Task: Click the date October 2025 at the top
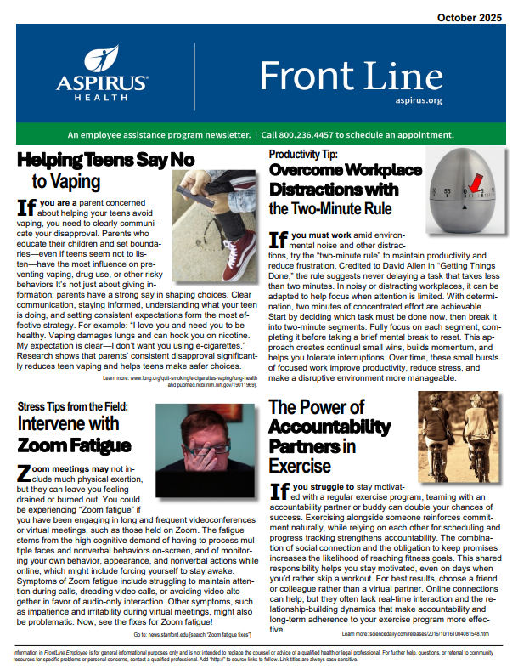[x=470, y=17]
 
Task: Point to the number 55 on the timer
[x=447, y=191]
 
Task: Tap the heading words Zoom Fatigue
[x=75, y=445]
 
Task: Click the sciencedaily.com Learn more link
[x=415, y=633]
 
